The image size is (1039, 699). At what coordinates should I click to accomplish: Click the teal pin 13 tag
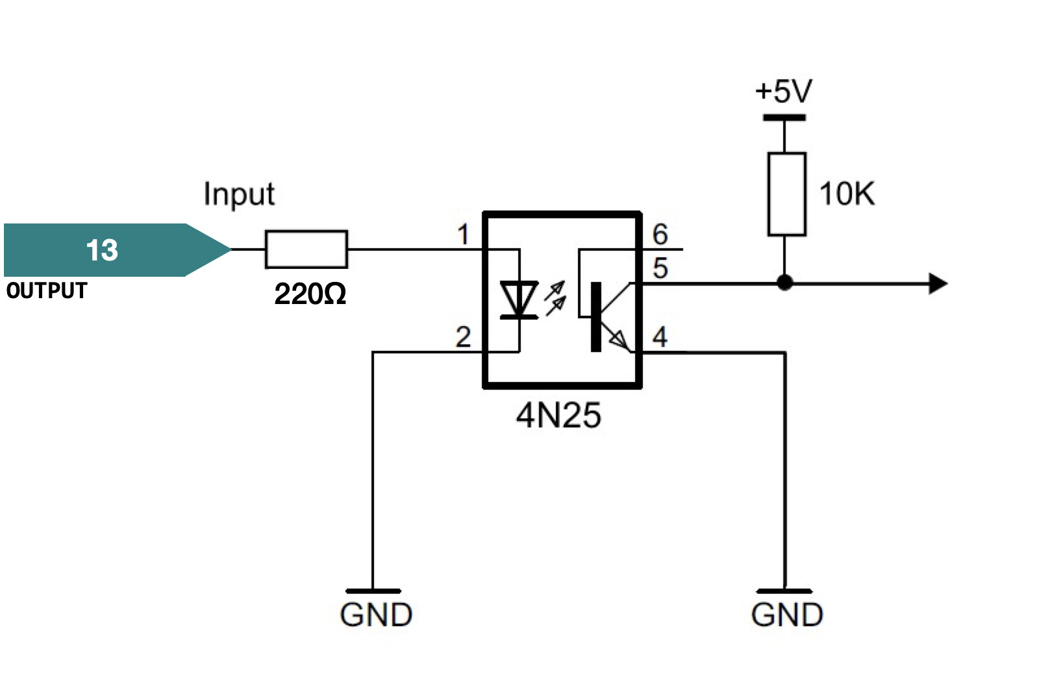click(104, 250)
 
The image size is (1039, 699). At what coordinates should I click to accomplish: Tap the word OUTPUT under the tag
click(47, 290)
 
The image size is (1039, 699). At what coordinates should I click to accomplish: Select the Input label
click(239, 194)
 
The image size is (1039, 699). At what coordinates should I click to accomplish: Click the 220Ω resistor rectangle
click(306, 249)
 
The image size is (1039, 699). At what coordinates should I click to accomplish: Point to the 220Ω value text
click(310, 294)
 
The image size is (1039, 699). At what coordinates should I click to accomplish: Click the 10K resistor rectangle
click(786, 194)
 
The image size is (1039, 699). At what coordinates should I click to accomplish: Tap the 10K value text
click(846, 194)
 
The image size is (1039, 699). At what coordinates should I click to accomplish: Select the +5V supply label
click(783, 92)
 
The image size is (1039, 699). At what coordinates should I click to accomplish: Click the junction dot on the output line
click(784, 283)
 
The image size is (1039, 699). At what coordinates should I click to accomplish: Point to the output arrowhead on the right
click(938, 284)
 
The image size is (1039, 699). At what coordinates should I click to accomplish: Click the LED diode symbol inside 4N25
click(519, 300)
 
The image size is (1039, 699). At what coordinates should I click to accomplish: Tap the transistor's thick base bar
click(595, 317)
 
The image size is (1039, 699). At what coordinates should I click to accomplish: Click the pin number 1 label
click(462, 235)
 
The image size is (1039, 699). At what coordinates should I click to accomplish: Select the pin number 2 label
click(462, 337)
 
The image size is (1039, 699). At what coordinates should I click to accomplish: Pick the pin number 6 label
click(660, 235)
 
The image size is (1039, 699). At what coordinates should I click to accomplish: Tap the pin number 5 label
click(660, 268)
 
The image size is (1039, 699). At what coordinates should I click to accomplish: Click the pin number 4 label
click(660, 337)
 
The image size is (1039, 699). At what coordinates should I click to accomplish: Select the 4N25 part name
click(558, 415)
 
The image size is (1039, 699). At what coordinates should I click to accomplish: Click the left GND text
click(376, 615)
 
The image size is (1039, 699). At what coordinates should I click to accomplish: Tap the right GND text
click(787, 615)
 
